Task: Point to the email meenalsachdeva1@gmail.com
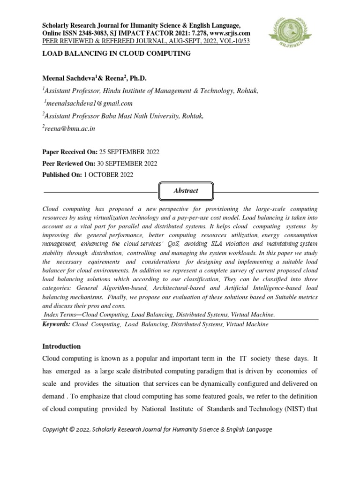click(89, 103)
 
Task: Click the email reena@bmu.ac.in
click(70, 128)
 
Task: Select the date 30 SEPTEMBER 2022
click(128, 164)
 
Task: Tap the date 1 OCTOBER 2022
click(108, 175)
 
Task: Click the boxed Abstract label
click(186, 191)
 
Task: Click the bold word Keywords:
click(56, 324)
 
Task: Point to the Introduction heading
click(62, 346)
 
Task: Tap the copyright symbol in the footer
click(73, 430)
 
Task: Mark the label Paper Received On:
click(69, 152)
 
